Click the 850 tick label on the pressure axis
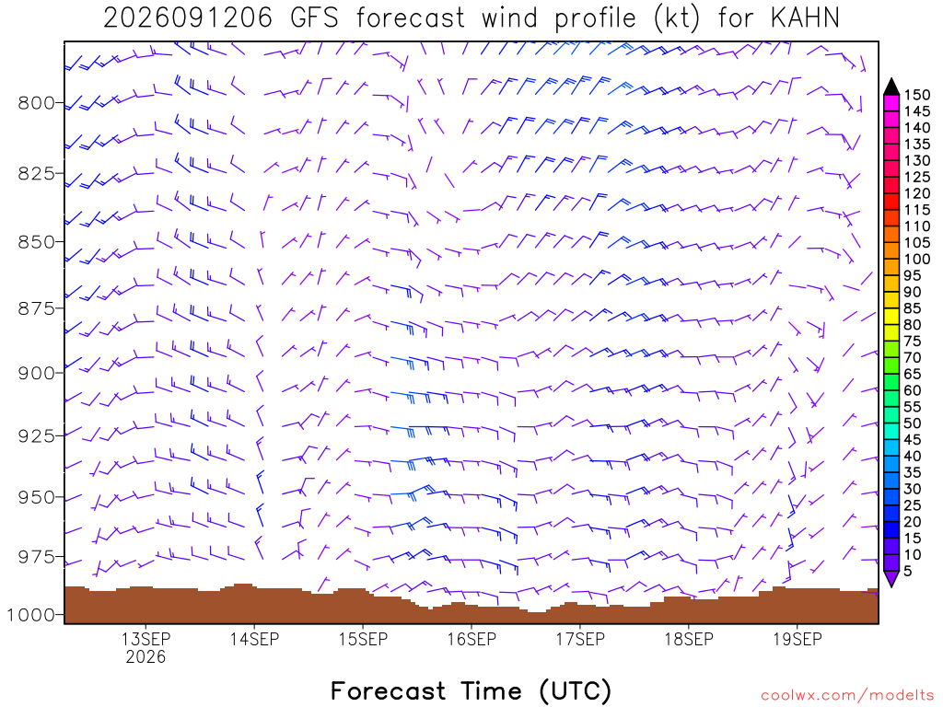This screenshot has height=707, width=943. pyautogui.click(x=36, y=242)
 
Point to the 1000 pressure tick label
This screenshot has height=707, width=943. pyautogui.click(x=30, y=615)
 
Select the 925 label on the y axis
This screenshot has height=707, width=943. pyautogui.click(x=36, y=435)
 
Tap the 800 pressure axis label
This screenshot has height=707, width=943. pyautogui.click(x=36, y=103)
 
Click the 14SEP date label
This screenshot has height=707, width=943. pyautogui.click(x=254, y=639)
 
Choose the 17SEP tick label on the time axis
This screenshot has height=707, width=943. pyautogui.click(x=580, y=639)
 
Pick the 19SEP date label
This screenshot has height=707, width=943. pyautogui.click(x=797, y=639)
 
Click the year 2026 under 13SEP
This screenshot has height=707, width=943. pyautogui.click(x=146, y=656)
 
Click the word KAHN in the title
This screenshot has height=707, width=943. pyautogui.click(x=805, y=18)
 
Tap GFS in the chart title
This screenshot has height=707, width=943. pyautogui.click(x=314, y=18)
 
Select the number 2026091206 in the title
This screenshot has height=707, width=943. pyautogui.click(x=188, y=18)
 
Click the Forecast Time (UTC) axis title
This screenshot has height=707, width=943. pyautogui.click(x=471, y=690)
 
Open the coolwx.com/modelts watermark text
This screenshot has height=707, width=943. pyautogui.click(x=847, y=696)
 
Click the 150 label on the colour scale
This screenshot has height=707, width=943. pyautogui.click(x=917, y=95)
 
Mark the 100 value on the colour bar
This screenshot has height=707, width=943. pyautogui.click(x=917, y=259)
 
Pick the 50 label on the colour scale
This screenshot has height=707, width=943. pyautogui.click(x=913, y=423)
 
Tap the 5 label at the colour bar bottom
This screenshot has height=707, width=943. pyautogui.click(x=908, y=571)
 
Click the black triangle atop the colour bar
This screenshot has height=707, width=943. pyautogui.click(x=891, y=87)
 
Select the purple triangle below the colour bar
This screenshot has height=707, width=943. pyautogui.click(x=891, y=578)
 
